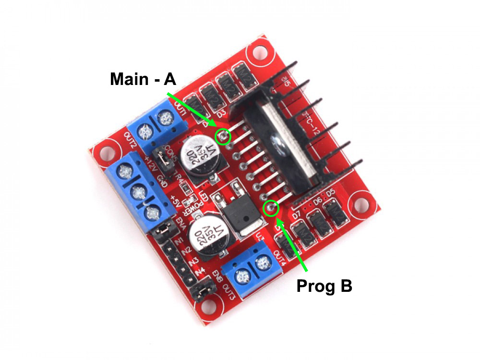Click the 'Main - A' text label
click(143, 79)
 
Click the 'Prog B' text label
click(324, 286)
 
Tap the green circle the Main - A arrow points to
click(223, 136)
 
